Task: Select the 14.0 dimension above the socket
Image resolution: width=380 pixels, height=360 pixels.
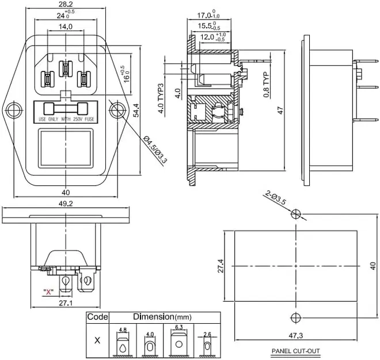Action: pyautogui.click(x=65, y=26)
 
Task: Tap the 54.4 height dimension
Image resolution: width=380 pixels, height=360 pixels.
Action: pyautogui.click(x=136, y=109)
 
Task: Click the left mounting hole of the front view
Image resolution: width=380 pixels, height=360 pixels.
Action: pyautogui.click(x=13, y=109)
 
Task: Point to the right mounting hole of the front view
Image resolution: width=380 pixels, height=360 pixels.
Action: pyautogui.click(x=117, y=109)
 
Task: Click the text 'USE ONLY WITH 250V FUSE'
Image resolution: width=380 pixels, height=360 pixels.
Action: pyautogui.click(x=64, y=119)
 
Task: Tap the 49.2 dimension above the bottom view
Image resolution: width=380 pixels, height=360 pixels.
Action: pyautogui.click(x=66, y=203)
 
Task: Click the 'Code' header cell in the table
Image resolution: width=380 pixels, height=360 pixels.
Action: pyautogui.click(x=97, y=317)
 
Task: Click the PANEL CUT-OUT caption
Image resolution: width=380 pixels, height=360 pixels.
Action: pyautogui.click(x=295, y=351)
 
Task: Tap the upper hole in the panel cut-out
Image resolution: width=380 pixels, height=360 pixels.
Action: pyautogui.click(x=296, y=214)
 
